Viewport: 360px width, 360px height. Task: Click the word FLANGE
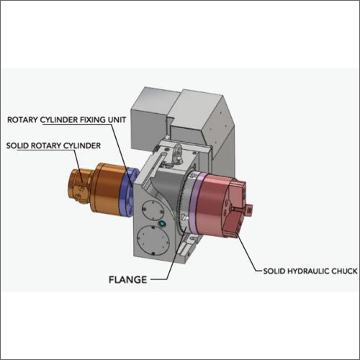click(x=127, y=279)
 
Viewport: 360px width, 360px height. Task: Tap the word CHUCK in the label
click(x=344, y=271)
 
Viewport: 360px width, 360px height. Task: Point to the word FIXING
click(x=93, y=120)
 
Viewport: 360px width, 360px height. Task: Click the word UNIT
click(x=117, y=120)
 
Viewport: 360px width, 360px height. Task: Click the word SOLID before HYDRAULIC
click(x=274, y=271)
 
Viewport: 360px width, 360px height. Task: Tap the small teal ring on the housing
click(x=162, y=224)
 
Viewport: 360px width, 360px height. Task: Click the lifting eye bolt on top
click(x=178, y=153)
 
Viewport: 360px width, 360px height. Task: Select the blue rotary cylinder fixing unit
click(x=127, y=192)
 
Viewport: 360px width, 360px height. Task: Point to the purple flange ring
click(x=194, y=203)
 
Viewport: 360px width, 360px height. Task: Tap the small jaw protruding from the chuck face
click(x=248, y=210)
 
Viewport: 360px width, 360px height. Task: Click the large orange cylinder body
click(x=107, y=189)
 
